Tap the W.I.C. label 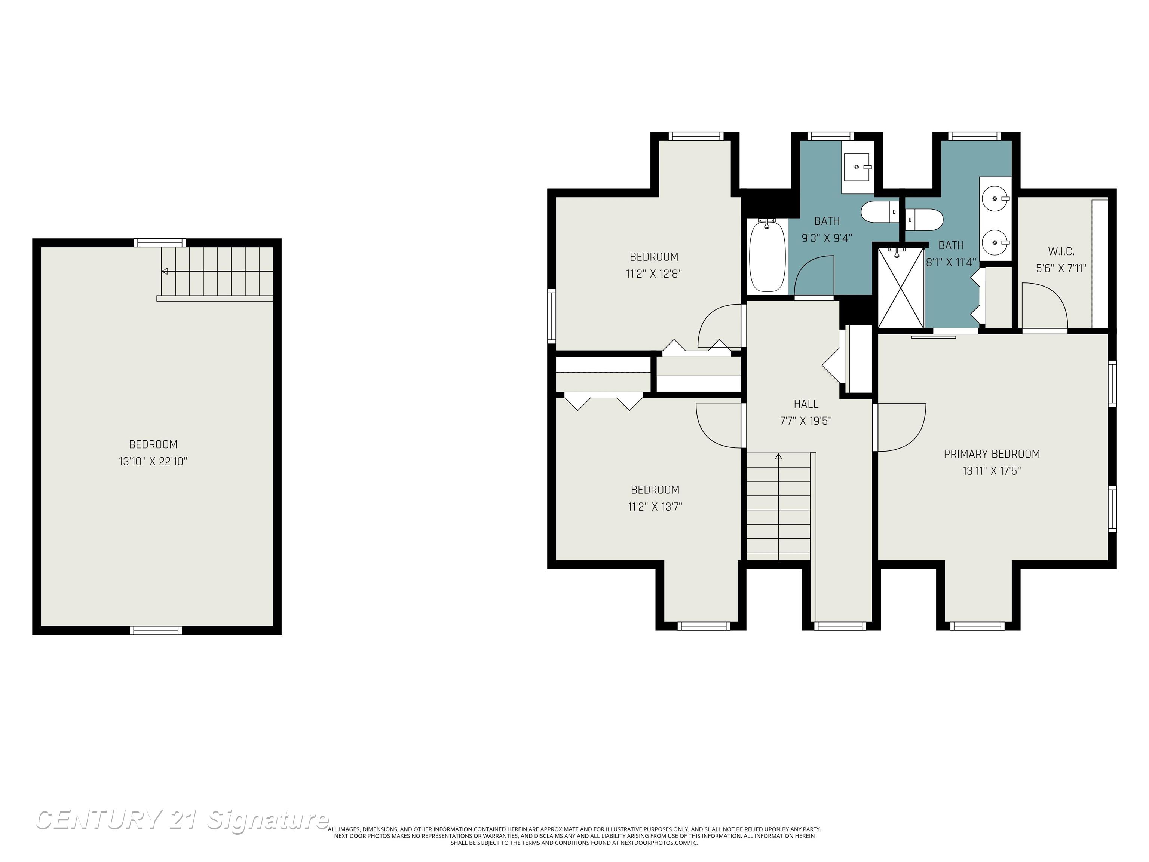pyautogui.click(x=1061, y=251)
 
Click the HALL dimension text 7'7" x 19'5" pyautogui.click(x=806, y=421)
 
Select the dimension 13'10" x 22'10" pyautogui.click(x=153, y=461)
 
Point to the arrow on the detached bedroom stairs pyautogui.click(x=165, y=271)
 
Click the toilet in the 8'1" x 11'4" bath pyautogui.click(x=924, y=220)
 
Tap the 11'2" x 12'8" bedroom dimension pyautogui.click(x=653, y=274)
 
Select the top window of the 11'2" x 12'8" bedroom pyautogui.click(x=696, y=136)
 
